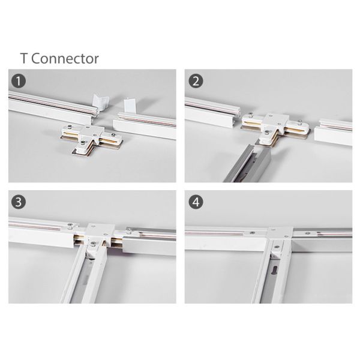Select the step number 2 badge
click(196, 80)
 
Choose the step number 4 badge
click(196, 202)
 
